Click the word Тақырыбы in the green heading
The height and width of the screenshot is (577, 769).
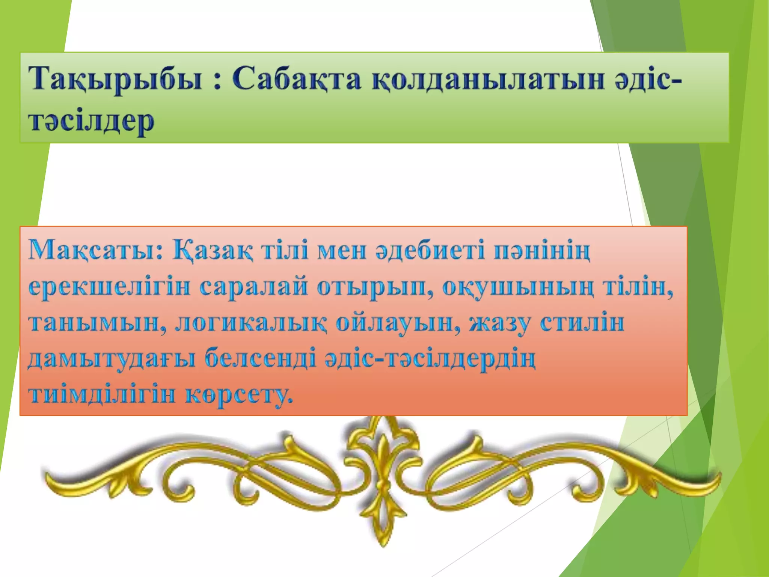coord(116,79)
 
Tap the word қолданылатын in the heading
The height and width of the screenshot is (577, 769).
coord(488,79)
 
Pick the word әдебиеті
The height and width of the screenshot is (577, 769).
coord(430,251)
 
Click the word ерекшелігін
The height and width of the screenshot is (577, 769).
coord(109,287)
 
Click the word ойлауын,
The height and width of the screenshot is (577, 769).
coord(398,323)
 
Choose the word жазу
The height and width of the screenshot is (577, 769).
coord(499,323)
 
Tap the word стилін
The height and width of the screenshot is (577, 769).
coord(582,323)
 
